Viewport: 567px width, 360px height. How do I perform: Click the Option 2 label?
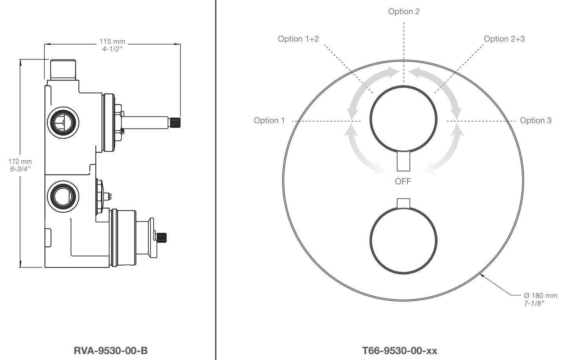point(404,11)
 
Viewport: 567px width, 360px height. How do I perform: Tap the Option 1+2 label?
point(298,39)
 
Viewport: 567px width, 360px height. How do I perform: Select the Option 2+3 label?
point(504,39)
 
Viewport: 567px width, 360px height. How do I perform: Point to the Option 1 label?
point(269,120)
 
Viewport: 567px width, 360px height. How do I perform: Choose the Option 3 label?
point(536,120)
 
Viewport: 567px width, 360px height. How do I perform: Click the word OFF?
point(403,182)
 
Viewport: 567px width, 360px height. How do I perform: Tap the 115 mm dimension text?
point(112,42)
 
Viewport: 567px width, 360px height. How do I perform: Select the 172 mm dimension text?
point(20,162)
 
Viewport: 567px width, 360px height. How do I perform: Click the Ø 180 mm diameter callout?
point(540,295)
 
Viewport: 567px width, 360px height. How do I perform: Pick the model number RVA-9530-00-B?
point(111,351)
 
